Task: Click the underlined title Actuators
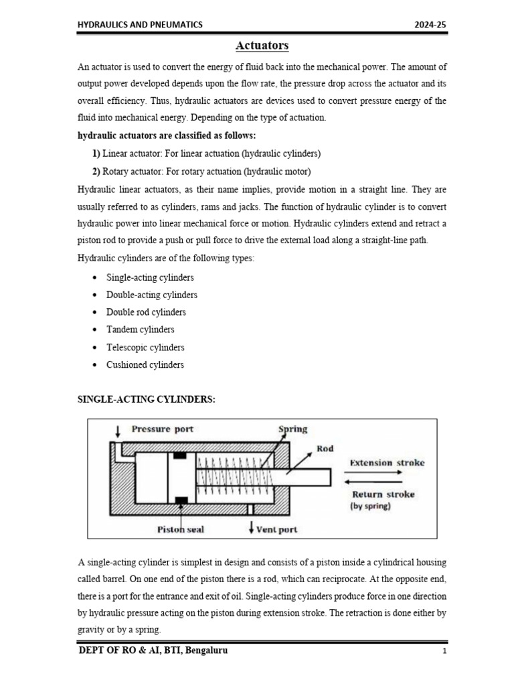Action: click(262, 46)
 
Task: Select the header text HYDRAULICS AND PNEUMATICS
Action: click(141, 25)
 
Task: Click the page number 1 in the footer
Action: click(444, 652)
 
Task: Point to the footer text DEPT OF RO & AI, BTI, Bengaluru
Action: click(153, 650)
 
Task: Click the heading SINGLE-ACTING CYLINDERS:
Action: click(147, 399)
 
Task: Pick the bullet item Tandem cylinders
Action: click(140, 330)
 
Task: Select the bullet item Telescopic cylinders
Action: click(145, 347)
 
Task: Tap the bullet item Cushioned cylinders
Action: click(145, 365)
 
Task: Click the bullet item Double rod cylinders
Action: click(146, 312)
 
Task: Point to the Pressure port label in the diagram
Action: click(162, 429)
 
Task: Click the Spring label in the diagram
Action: click(293, 429)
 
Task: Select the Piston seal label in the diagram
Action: click(181, 529)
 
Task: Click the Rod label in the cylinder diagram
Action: click(325, 448)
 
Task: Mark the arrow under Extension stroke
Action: click(373, 472)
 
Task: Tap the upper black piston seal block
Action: click(179, 456)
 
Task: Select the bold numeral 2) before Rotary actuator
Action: click(96, 170)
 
